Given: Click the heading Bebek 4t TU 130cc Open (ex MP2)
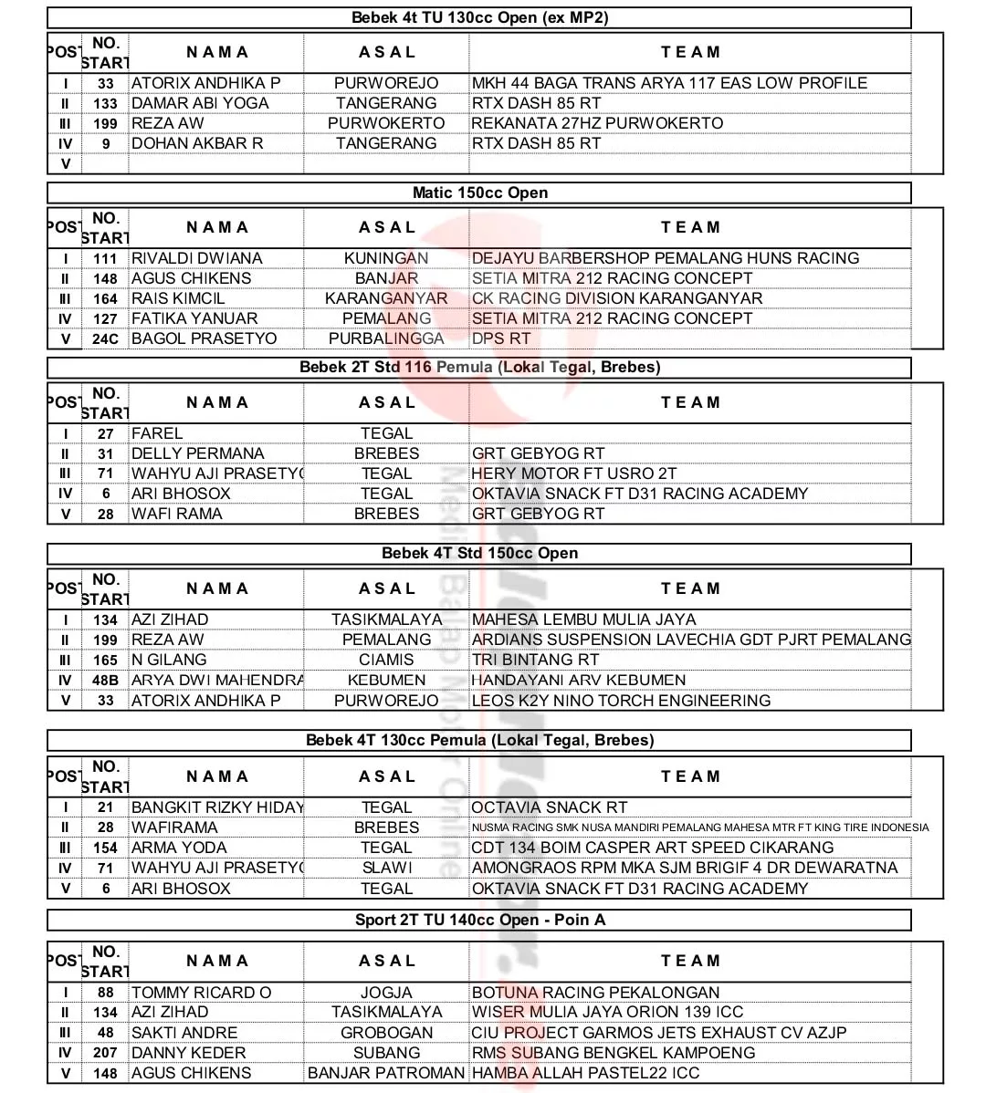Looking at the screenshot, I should (479, 17).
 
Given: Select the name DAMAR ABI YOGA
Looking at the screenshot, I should (200, 103).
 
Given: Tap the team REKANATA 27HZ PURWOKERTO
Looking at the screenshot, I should (597, 123).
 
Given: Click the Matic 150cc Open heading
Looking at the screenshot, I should (479, 193).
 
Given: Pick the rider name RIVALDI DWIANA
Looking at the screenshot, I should (196, 258).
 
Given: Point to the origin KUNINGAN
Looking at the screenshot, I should (386, 258).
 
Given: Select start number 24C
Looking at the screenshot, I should (106, 338).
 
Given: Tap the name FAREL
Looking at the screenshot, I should (157, 433).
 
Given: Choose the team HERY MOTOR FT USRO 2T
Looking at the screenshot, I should (574, 474).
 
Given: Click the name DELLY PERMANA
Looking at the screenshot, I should (197, 453).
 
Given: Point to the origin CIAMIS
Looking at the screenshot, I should (386, 660).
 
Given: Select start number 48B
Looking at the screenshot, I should (106, 680).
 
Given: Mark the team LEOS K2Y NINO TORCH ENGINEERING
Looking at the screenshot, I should (621, 701).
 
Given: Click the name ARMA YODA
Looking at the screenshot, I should (179, 848).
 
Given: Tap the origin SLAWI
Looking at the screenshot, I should (386, 868).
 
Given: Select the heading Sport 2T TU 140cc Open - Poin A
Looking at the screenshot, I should (479, 920).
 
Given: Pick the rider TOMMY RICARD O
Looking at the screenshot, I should (201, 993).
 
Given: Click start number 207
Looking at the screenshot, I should (106, 1053).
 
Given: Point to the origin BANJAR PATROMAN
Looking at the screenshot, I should (386, 1073).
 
